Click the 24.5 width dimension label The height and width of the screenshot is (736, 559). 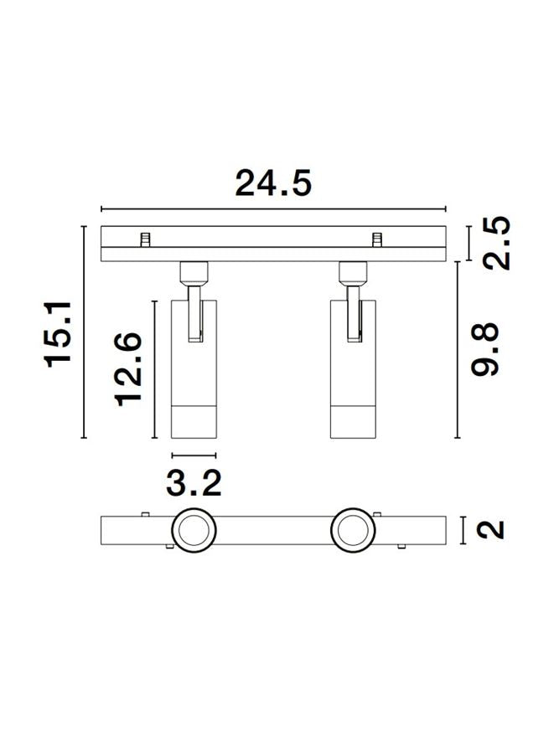[x=273, y=183]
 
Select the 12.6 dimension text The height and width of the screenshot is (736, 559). [x=128, y=369]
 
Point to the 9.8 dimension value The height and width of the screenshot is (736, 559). [x=484, y=349]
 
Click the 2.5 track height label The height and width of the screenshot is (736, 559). [x=496, y=243]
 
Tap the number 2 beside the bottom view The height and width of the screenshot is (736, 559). [x=490, y=530]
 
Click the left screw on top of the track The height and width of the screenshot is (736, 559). [x=146, y=239]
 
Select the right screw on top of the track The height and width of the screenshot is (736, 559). [x=376, y=239]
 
